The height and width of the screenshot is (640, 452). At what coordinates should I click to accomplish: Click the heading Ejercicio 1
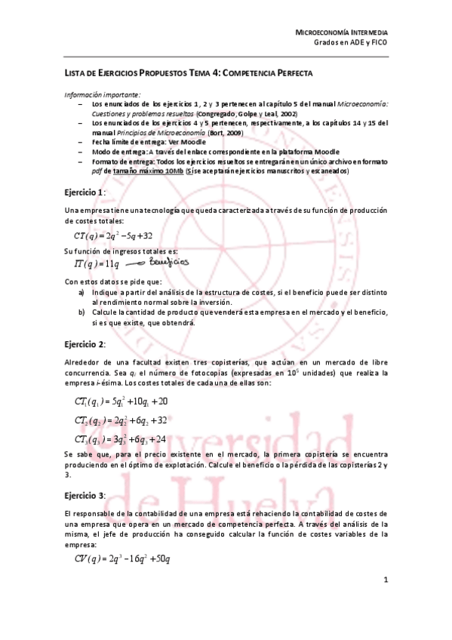tap(84, 192)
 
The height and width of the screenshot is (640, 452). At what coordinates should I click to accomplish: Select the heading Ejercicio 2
tap(84, 345)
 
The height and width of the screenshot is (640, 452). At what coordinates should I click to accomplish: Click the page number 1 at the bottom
tap(385, 580)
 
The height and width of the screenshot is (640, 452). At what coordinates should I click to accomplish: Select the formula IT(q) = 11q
tap(97, 263)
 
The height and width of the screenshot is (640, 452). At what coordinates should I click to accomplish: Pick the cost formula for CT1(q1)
tap(121, 401)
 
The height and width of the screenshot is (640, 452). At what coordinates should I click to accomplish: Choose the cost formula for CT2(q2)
tap(121, 420)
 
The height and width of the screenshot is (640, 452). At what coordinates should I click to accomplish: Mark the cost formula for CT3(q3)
tap(121, 439)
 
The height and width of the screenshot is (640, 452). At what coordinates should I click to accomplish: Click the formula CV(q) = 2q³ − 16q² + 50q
tap(122, 558)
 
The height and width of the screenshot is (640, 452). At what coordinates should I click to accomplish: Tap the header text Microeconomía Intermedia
tap(341, 34)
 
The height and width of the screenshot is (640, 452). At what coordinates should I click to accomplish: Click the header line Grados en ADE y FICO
tap(351, 45)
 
